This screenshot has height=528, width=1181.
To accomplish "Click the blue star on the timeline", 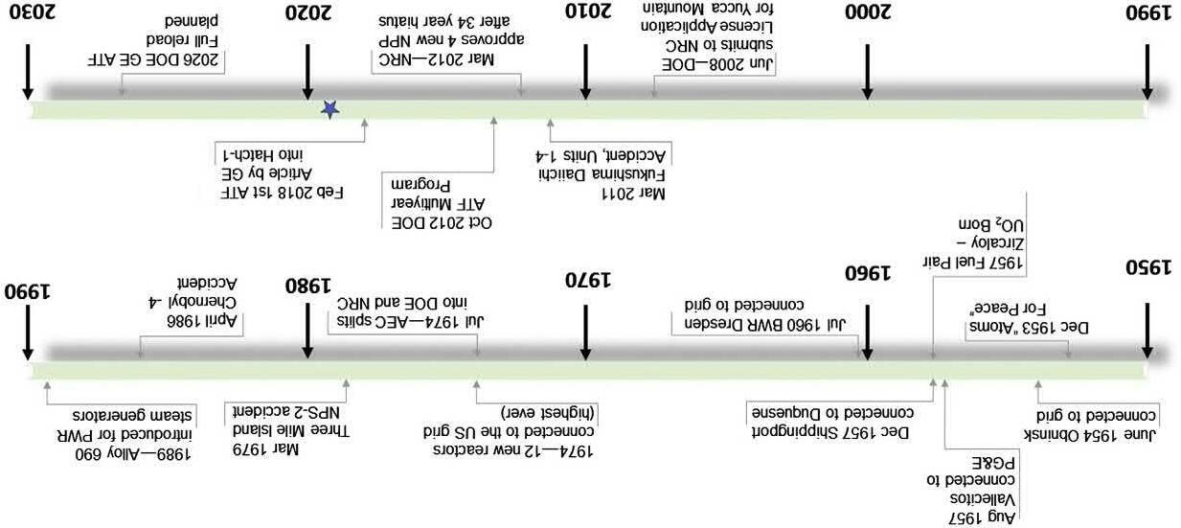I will pyautogui.click(x=329, y=110).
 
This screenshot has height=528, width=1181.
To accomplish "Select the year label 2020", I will pyautogui.click(x=308, y=12).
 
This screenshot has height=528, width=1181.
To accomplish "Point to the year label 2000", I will pyautogui.click(x=867, y=12).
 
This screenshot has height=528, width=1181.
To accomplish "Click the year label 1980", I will pyautogui.click(x=308, y=286).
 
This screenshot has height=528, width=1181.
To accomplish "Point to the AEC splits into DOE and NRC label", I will pyautogui.click(x=410, y=312).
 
